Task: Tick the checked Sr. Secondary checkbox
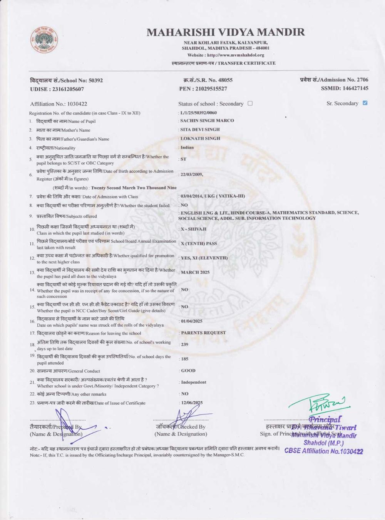pyautogui.click(x=365, y=103)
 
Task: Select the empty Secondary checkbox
pyautogui.click(x=250, y=103)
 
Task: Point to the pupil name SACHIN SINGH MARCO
pyautogui.click(x=207, y=121)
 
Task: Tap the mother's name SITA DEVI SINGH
pyautogui.click(x=200, y=129)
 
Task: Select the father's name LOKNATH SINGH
pyautogui.click(x=200, y=138)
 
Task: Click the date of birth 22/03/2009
pyautogui.click(x=192, y=174)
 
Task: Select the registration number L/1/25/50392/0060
pyautogui.click(x=198, y=113)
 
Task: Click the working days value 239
pyautogui.click(x=185, y=344)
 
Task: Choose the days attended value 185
pyautogui.click(x=185, y=359)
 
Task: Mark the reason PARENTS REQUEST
pyautogui.click(x=203, y=333)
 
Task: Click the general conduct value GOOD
pyautogui.click(x=188, y=371)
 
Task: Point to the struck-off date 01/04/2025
pyautogui.click(x=192, y=321)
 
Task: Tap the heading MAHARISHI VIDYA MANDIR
pyautogui.click(x=226, y=32)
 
